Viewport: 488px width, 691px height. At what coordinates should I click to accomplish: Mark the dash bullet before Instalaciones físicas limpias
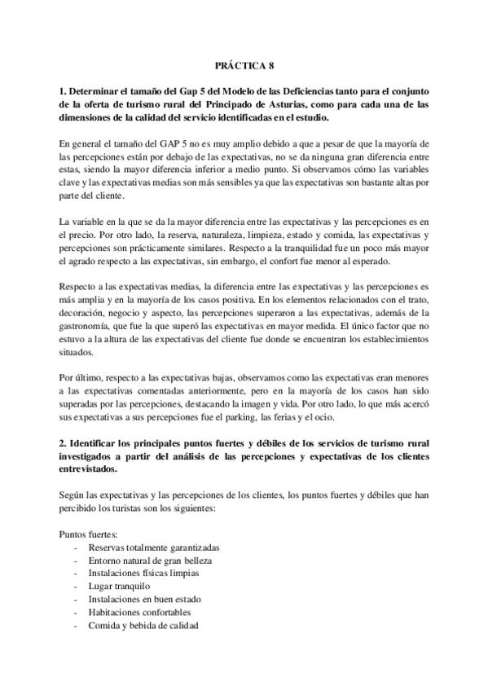pyautogui.click(x=76, y=573)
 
